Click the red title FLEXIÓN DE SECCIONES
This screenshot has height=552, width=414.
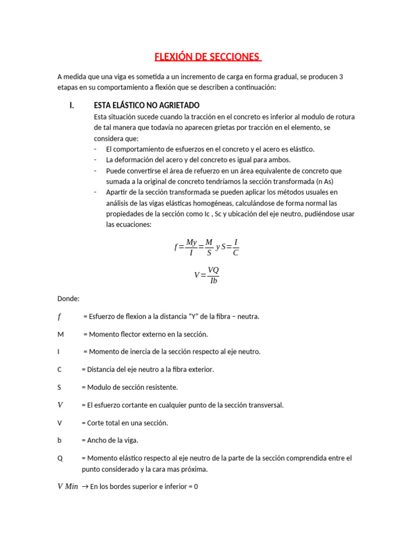[207, 57]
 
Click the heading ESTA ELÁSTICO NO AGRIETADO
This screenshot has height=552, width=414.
[147, 105]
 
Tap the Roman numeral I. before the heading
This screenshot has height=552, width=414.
[72, 105]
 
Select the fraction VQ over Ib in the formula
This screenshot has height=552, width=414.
[213, 275]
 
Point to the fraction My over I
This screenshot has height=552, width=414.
[191, 247]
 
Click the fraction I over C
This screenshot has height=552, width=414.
[236, 247]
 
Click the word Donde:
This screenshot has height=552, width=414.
[68, 298]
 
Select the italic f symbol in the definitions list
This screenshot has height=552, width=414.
[60, 316]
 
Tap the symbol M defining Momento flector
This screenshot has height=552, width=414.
[60, 334]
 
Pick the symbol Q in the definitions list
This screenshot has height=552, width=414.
[60, 458]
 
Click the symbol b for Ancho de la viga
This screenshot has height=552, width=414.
[59, 440]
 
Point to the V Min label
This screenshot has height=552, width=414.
[68, 487]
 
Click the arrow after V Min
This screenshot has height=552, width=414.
[85, 487]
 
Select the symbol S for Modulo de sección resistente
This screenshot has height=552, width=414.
[59, 387]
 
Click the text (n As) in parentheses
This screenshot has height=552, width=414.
[329, 181]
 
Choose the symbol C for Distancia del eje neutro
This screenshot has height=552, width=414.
[59, 369]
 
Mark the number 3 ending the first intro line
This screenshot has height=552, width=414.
[341, 77]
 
